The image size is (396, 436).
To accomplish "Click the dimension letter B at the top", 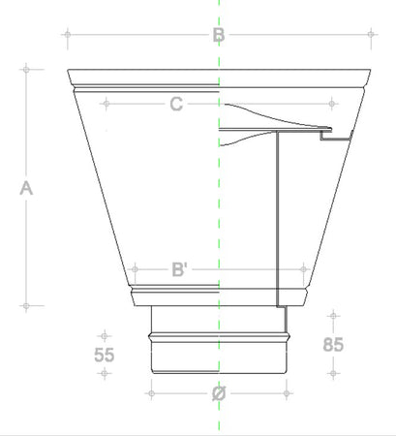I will coord(219,36).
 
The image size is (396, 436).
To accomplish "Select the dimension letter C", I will coord(176,104).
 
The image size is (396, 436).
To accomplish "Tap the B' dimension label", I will coord(180,269).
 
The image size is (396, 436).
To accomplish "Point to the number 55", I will coord(105,355).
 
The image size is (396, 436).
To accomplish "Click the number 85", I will coord(333,344).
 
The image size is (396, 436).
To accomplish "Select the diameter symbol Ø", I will coord(219,394).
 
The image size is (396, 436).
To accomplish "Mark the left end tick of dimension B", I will coord(67,36).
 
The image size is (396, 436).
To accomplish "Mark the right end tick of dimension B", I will coord(371,36).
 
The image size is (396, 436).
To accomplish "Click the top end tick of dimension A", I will coord(27,69).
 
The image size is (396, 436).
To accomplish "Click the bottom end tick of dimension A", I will coord(27,306).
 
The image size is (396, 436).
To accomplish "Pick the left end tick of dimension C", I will coord(105,102).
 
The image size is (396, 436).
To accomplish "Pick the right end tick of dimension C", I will coord(333,102).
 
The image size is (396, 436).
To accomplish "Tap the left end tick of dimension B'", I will coord(134,268).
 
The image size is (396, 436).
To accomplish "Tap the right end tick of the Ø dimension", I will coord(288,393).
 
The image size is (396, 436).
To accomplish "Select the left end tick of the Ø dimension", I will coord(150,393).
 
